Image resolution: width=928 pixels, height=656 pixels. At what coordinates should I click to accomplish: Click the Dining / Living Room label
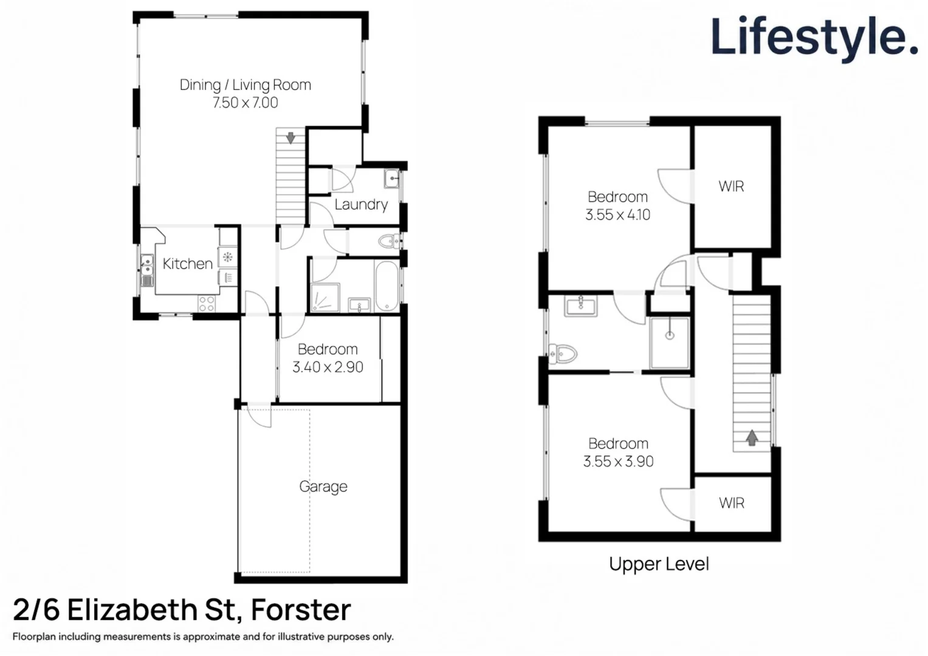pyautogui.click(x=246, y=85)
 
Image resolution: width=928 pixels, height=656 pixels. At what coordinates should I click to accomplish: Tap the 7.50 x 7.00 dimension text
pyautogui.click(x=246, y=102)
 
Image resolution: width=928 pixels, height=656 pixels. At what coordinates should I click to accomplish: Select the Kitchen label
pyautogui.click(x=188, y=264)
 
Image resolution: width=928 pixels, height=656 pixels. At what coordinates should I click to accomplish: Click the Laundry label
pyautogui.click(x=361, y=204)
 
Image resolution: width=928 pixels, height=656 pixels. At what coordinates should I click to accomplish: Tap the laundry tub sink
pyautogui.click(x=391, y=179)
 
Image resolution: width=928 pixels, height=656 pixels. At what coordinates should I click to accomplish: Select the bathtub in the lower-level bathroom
pyautogui.click(x=387, y=285)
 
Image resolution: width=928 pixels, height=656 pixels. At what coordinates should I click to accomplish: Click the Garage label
pyautogui.click(x=323, y=486)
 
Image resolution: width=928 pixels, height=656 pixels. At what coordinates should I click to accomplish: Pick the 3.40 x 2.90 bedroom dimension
pyautogui.click(x=328, y=367)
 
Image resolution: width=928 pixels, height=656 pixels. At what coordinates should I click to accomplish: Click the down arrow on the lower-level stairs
pyautogui.click(x=291, y=138)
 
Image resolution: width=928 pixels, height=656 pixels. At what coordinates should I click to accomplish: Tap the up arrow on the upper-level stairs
pyautogui.click(x=752, y=438)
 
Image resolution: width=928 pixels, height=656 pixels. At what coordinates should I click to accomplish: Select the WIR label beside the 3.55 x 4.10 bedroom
pyautogui.click(x=732, y=186)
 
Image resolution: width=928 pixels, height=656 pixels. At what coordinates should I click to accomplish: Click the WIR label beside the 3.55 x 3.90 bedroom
pyautogui.click(x=732, y=503)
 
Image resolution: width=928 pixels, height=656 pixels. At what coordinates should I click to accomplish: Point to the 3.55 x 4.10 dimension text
pyautogui.click(x=617, y=214)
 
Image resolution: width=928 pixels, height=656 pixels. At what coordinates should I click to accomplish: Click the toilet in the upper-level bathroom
pyautogui.click(x=563, y=354)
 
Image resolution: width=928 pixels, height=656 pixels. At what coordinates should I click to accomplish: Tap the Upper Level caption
pyautogui.click(x=659, y=564)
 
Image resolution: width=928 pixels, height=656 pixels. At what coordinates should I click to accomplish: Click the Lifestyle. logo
pyautogui.click(x=814, y=38)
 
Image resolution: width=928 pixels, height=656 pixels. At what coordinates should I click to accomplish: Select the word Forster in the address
pyautogui.click(x=301, y=610)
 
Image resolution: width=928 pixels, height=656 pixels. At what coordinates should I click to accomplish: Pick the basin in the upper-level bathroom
pyautogui.click(x=581, y=306)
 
